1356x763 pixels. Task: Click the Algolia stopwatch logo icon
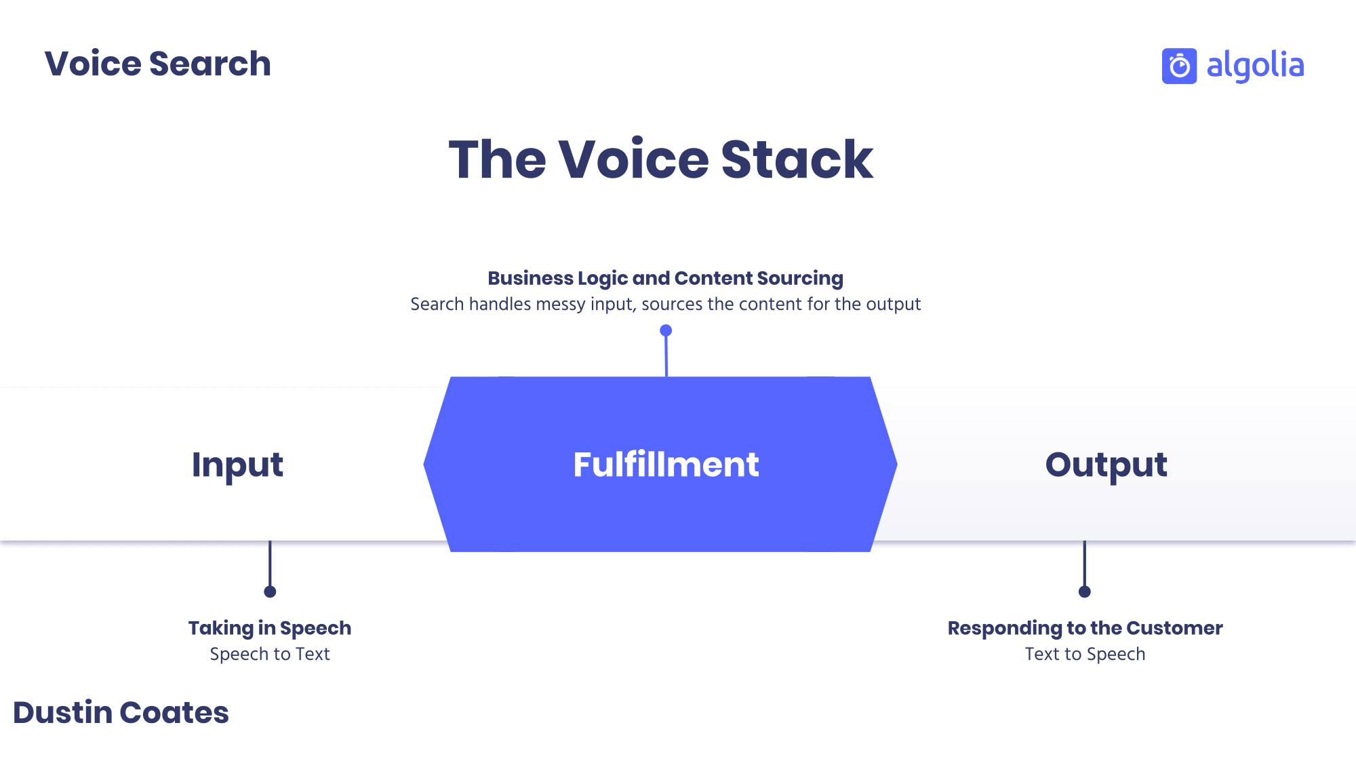pyautogui.click(x=1179, y=66)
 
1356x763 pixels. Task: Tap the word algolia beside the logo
pyautogui.click(x=1255, y=66)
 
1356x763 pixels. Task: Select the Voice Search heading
pyautogui.click(x=157, y=64)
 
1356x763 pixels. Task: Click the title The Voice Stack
pyautogui.click(x=661, y=159)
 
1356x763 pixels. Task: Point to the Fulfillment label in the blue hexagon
pyautogui.click(x=666, y=465)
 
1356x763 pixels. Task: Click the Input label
pyautogui.click(x=237, y=465)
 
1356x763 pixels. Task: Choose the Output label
pyautogui.click(x=1106, y=465)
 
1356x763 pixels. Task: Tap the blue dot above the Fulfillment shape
pyautogui.click(x=666, y=330)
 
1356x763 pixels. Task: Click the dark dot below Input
pyautogui.click(x=270, y=591)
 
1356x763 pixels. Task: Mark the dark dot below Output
pyautogui.click(x=1085, y=591)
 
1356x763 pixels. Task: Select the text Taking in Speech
pyautogui.click(x=270, y=628)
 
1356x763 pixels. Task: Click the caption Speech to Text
pyautogui.click(x=270, y=654)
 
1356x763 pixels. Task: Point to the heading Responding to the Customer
pyautogui.click(x=1085, y=628)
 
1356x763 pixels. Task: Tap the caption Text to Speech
pyautogui.click(x=1085, y=654)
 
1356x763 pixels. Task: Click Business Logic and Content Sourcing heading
pyautogui.click(x=665, y=278)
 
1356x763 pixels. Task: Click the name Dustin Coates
pyautogui.click(x=121, y=713)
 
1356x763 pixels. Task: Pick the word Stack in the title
pyautogui.click(x=797, y=159)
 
